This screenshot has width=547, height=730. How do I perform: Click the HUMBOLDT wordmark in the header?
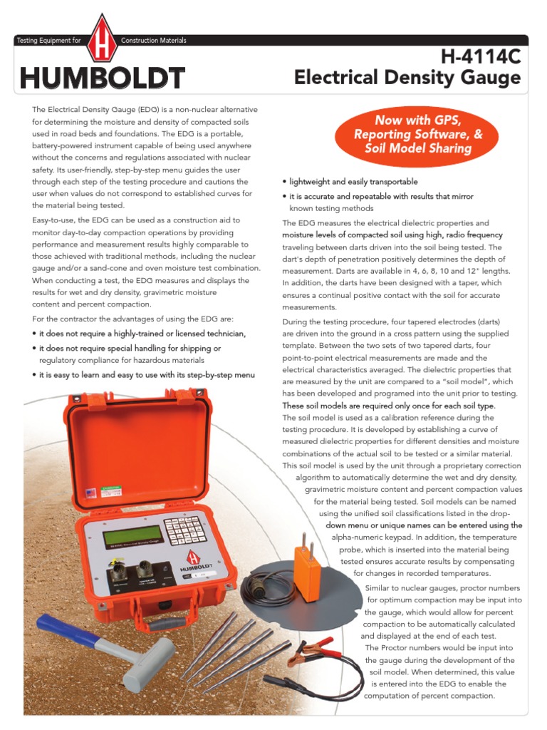pyautogui.click(x=103, y=78)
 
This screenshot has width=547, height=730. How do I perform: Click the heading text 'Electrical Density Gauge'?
pyautogui.click(x=407, y=78)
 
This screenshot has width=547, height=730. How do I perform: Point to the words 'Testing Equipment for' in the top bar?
pyautogui.click(x=48, y=41)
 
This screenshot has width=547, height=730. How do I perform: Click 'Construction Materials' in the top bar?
pyautogui.click(x=154, y=41)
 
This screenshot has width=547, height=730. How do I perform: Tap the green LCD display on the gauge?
pyautogui.click(x=132, y=535)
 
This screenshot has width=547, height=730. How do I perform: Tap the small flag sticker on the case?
pyautogui.click(x=90, y=492)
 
